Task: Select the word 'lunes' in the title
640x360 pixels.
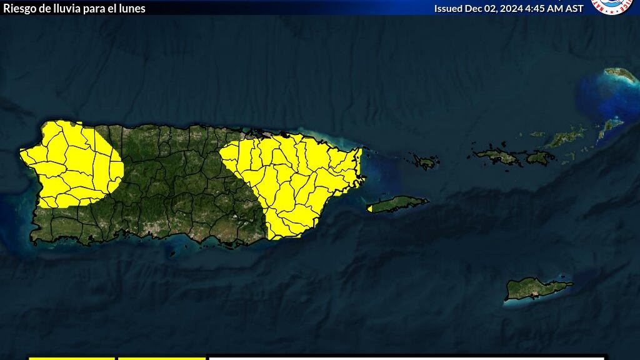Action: tap(132, 8)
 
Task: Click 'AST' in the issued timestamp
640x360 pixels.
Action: tap(573, 8)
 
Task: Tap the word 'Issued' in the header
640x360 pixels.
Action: tap(448, 8)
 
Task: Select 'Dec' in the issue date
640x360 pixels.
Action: tap(473, 8)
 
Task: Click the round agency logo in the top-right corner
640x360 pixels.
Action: tap(612, 6)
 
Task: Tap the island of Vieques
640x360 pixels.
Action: tap(400, 204)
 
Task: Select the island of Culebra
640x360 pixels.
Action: tap(426, 162)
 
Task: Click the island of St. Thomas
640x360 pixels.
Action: tap(496, 155)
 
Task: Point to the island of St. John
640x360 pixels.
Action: tap(539, 157)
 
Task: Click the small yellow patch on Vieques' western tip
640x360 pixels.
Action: tap(370, 208)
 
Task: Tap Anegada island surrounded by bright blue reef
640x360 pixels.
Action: tap(621, 75)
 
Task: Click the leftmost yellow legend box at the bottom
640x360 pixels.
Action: tap(72, 357)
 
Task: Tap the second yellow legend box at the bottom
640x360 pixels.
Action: tap(161, 357)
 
